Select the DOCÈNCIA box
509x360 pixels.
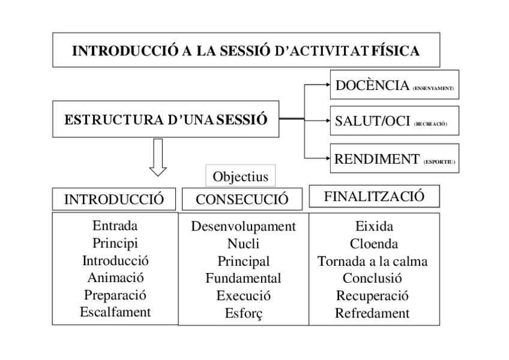(394, 86)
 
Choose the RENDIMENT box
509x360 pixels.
(394, 159)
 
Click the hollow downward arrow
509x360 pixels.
(158, 157)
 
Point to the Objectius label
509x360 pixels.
(240, 176)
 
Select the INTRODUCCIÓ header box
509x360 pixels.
(114, 199)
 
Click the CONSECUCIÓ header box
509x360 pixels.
(242, 199)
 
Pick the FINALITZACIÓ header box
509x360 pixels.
(374, 196)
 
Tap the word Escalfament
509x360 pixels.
(115, 312)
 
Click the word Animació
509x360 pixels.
(115, 278)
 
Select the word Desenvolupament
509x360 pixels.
(243, 227)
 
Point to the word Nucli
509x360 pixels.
(243, 244)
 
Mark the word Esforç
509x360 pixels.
(243, 313)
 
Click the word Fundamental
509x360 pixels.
(243, 278)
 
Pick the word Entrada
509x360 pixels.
(115, 226)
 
